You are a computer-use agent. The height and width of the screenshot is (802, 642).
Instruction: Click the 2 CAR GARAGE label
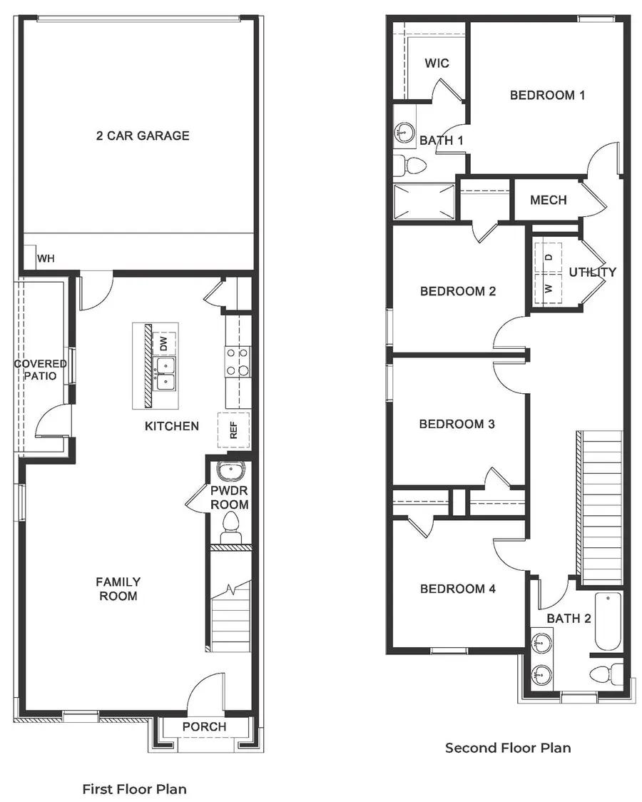click(x=143, y=136)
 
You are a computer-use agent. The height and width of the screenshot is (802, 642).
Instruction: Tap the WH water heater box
click(x=29, y=256)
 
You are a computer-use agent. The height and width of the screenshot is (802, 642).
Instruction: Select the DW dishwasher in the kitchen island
click(x=165, y=344)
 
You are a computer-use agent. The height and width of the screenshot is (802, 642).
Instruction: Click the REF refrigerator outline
click(x=233, y=430)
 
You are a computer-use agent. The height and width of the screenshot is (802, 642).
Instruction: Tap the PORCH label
click(x=204, y=727)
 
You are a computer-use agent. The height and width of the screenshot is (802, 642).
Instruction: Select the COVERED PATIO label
click(x=41, y=370)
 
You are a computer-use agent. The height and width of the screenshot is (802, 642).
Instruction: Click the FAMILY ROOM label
click(x=118, y=589)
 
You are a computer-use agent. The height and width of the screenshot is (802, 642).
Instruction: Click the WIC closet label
click(x=437, y=64)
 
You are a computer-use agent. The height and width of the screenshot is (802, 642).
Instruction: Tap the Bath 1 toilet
click(x=410, y=166)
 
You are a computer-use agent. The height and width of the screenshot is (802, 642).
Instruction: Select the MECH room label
click(x=549, y=200)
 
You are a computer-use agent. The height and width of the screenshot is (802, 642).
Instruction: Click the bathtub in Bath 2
click(x=608, y=621)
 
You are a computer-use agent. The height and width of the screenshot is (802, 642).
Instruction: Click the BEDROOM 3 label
click(x=457, y=424)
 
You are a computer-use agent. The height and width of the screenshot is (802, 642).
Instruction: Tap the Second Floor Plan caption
click(x=508, y=748)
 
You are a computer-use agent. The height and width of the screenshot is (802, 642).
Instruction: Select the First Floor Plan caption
click(x=134, y=789)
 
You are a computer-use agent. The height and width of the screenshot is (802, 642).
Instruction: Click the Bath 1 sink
click(x=404, y=131)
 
